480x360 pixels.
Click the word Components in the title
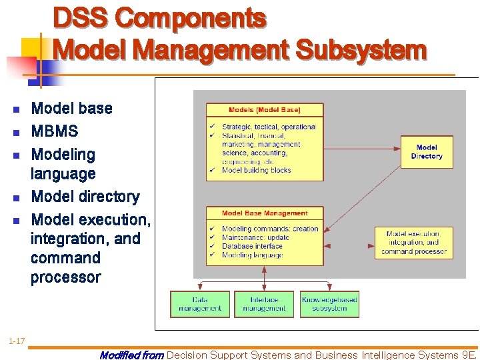click(x=191, y=19)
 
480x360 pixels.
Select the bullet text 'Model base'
click(x=72, y=108)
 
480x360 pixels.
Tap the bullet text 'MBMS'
click(x=55, y=131)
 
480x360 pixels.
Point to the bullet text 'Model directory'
click(x=85, y=197)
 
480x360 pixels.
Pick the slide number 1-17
click(x=17, y=342)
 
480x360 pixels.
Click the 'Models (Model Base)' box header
click(x=265, y=110)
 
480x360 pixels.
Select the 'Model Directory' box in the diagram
click(x=426, y=152)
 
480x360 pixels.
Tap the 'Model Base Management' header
click(x=265, y=213)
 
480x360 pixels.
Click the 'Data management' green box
click(x=200, y=304)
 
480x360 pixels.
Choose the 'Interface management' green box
click(x=264, y=304)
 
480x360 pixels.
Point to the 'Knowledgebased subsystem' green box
click(x=329, y=304)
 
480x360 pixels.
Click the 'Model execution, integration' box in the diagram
click(x=413, y=243)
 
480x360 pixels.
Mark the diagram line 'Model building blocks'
click(x=257, y=170)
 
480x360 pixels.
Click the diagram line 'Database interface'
click(x=252, y=246)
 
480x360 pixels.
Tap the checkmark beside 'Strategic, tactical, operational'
click(x=211, y=127)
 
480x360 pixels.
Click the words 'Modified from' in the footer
click(x=131, y=355)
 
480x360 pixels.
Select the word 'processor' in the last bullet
click(x=65, y=277)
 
